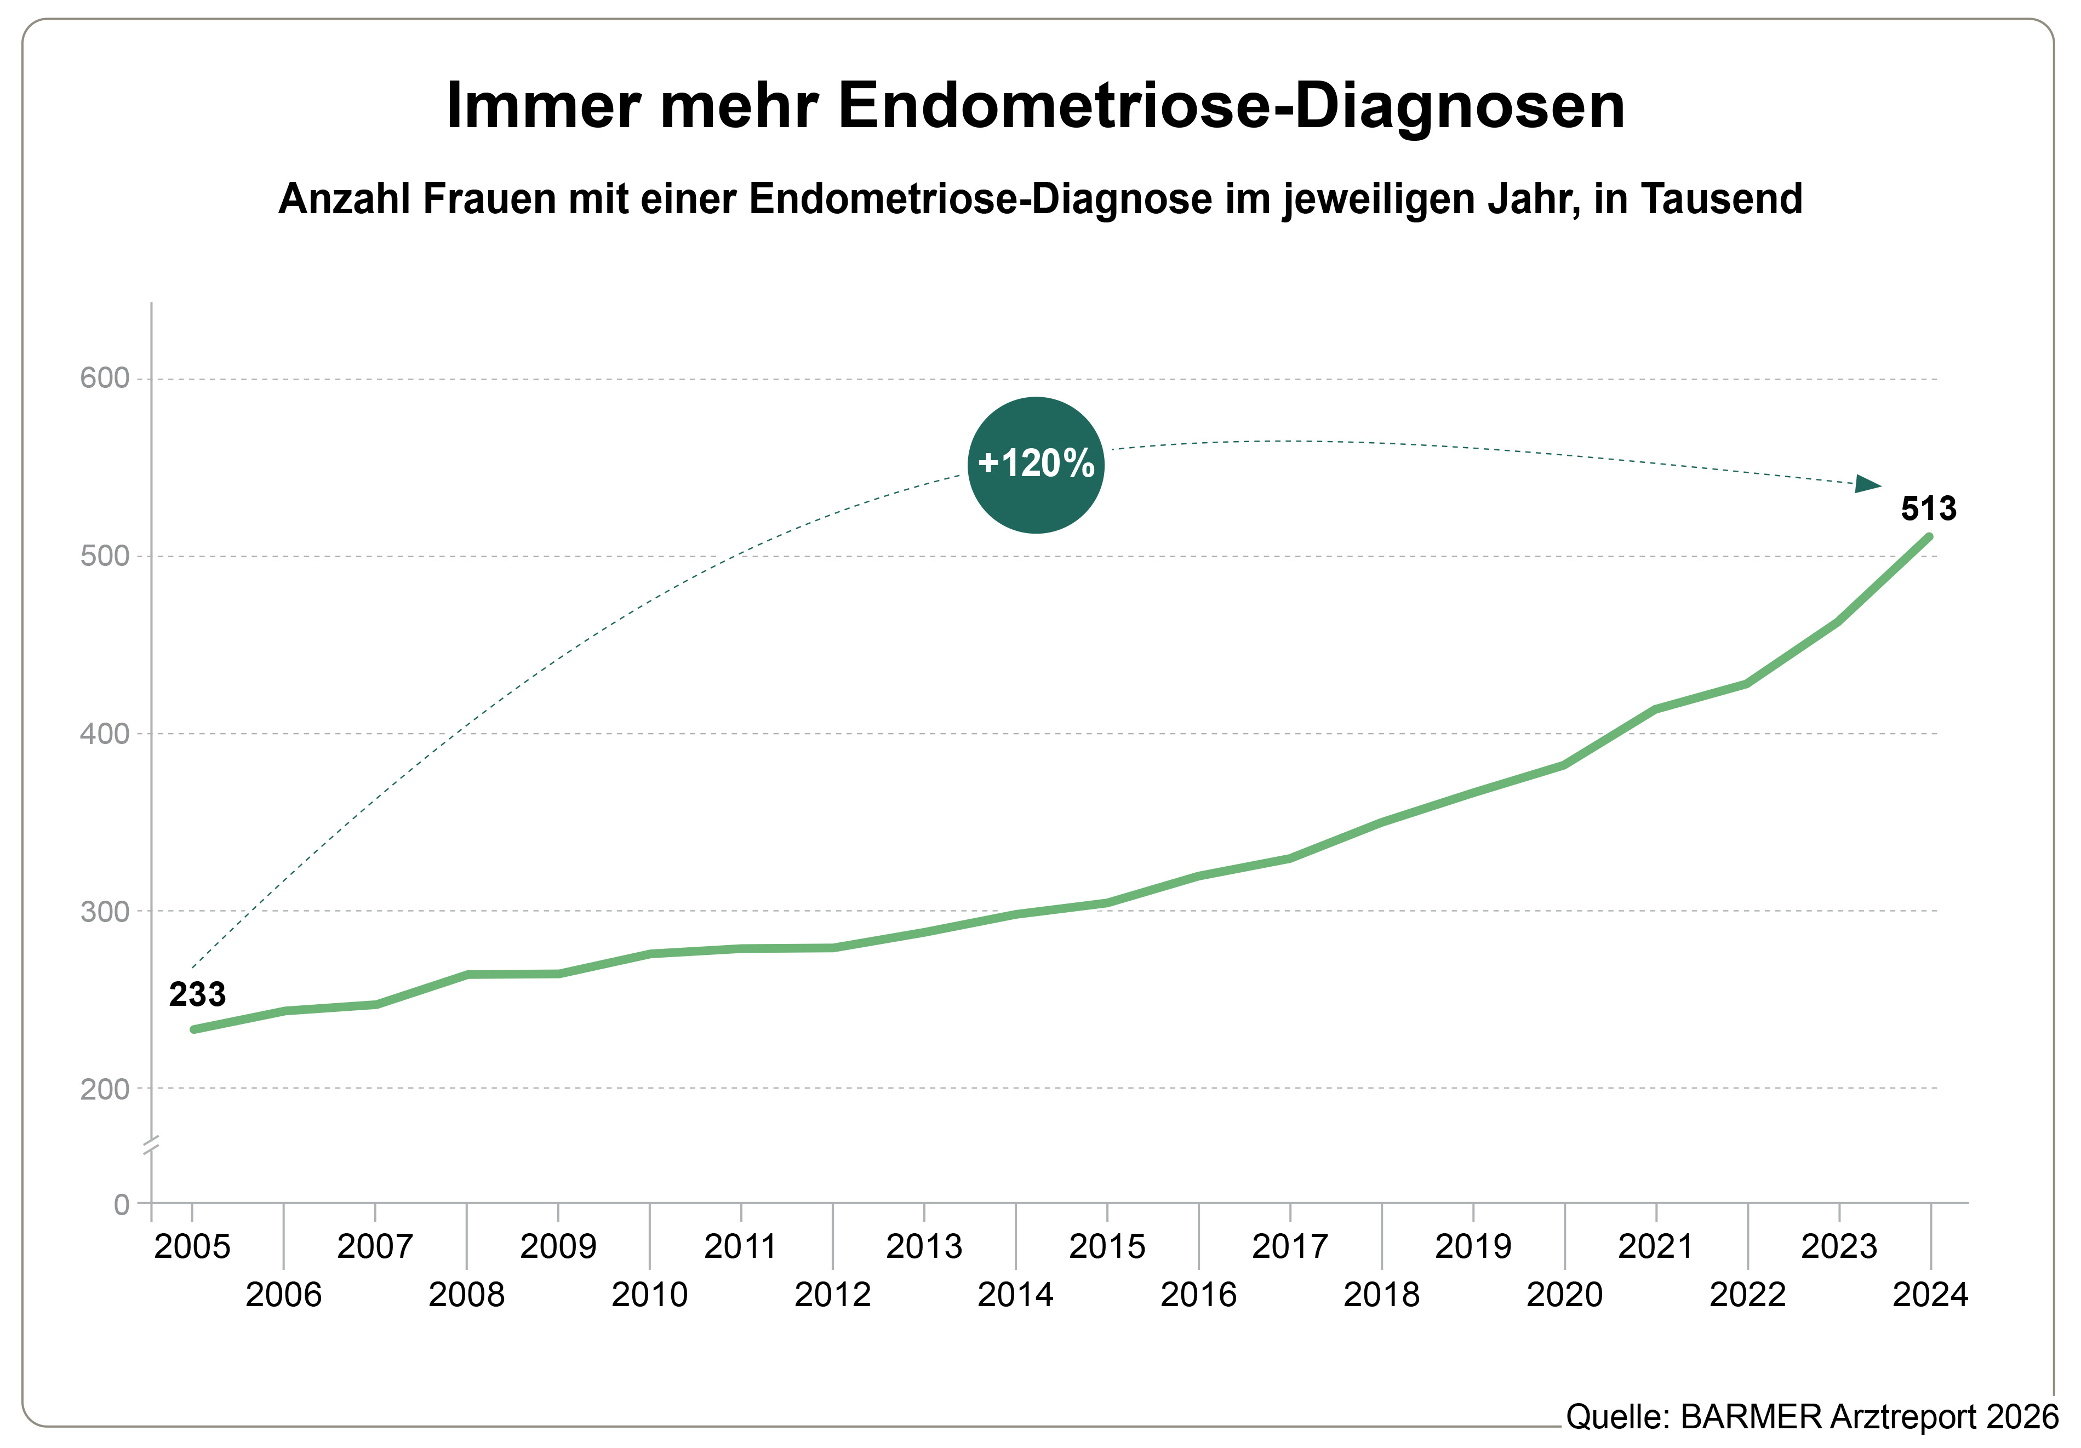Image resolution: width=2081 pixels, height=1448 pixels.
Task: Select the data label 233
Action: (x=197, y=995)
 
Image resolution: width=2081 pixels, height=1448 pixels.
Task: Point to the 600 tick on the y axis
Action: (x=105, y=378)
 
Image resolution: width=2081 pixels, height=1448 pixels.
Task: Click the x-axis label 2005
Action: (x=192, y=1247)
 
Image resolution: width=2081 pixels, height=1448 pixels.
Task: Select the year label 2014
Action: (x=1015, y=1295)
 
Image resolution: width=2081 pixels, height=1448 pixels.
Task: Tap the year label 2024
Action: (x=1930, y=1295)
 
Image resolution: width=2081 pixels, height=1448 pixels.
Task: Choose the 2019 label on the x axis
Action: (x=1473, y=1247)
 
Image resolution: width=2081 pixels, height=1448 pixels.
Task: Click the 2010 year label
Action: (x=649, y=1295)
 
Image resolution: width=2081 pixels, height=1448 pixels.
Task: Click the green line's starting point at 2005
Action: (x=194, y=1029)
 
